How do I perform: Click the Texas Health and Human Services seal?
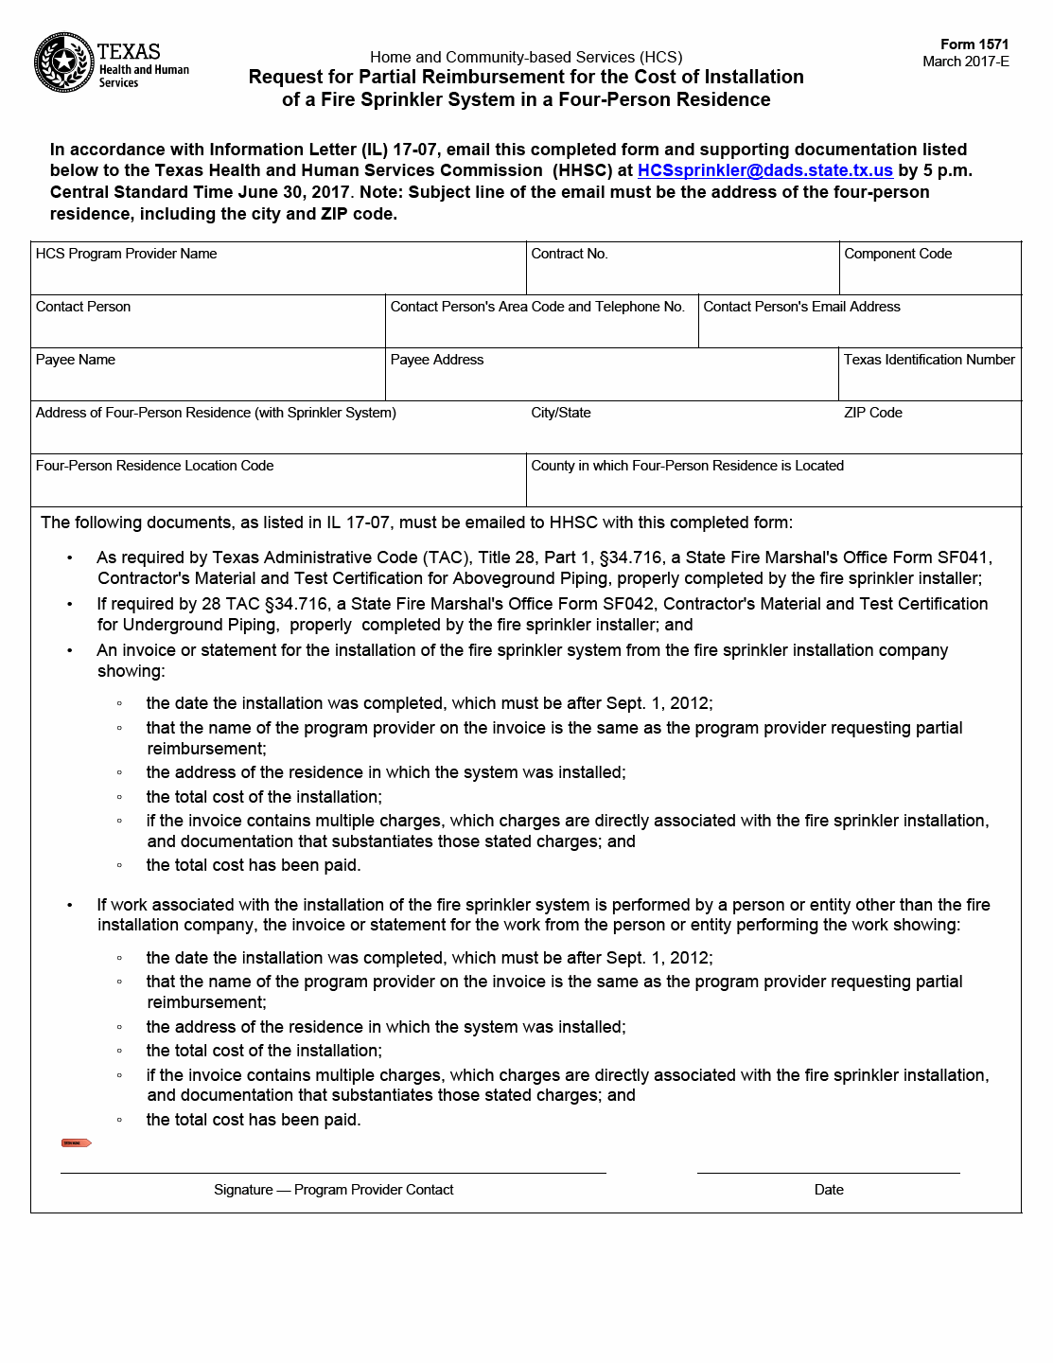coord(63,63)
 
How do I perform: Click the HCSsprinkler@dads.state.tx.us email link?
coord(764,170)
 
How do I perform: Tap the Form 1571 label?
coord(974,44)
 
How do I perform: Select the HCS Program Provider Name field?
coord(278,274)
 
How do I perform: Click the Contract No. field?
coord(682,274)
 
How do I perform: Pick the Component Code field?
coord(930,274)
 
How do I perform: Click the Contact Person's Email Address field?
coord(859,327)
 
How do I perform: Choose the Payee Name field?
coord(208,381)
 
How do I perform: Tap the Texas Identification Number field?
coord(930,381)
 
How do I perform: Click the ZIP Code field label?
coord(873,413)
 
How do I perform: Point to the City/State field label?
coord(561,413)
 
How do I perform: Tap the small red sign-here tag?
coord(76,1143)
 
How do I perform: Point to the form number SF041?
coord(963,558)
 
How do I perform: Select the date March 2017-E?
coord(966,62)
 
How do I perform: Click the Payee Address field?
coord(611,381)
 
